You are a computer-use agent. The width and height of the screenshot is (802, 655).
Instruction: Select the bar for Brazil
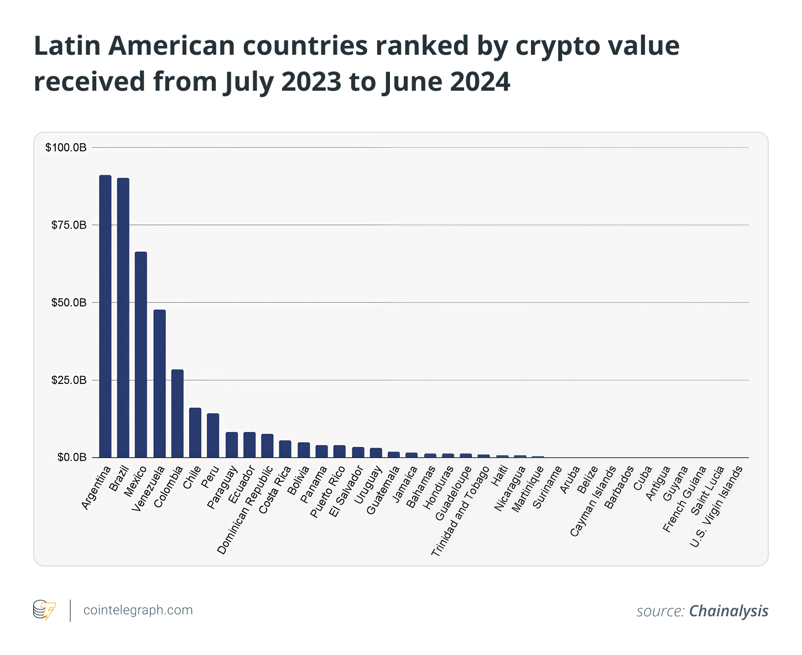[x=123, y=318]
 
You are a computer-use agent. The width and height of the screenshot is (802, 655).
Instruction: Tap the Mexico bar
[x=141, y=355]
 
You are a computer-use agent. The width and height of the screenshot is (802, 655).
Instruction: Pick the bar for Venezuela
[x=159, y=383]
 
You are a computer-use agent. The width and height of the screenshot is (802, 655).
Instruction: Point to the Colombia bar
[x=177, y=413]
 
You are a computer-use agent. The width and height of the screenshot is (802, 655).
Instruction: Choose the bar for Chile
[x=195, y=433]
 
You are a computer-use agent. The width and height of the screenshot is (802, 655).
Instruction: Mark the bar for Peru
[x=213, y=435]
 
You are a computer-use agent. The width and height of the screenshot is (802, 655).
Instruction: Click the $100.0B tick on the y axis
[x=66, y=148]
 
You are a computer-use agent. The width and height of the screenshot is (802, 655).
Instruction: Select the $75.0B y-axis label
[x=69, y=225]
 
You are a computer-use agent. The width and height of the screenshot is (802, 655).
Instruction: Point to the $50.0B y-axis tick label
[x=69, y=303]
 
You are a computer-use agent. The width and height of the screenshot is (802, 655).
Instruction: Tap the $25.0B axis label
[x=69, y=380]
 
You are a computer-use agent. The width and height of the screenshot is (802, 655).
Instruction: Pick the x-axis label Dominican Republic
[x=245, y=510]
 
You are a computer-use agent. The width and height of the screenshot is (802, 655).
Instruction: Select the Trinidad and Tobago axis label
[x=460, y=511]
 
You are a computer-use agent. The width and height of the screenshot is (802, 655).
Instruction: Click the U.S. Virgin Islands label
[x=716, y=506]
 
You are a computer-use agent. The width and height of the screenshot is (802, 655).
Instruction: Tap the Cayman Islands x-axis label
[x=593, y=501]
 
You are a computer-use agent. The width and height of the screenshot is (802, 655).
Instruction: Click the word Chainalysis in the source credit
[x=728, y=611]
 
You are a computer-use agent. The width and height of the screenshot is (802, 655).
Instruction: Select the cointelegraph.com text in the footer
[x=138, y=610]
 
